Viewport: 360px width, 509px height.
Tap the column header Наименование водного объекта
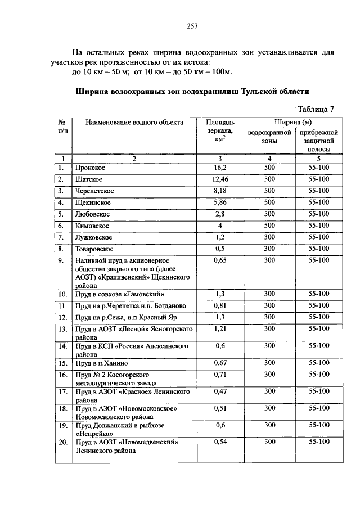pos(134,122)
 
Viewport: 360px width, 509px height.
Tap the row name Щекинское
pos(89,202)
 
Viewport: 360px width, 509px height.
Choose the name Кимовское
pos(89,226)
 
